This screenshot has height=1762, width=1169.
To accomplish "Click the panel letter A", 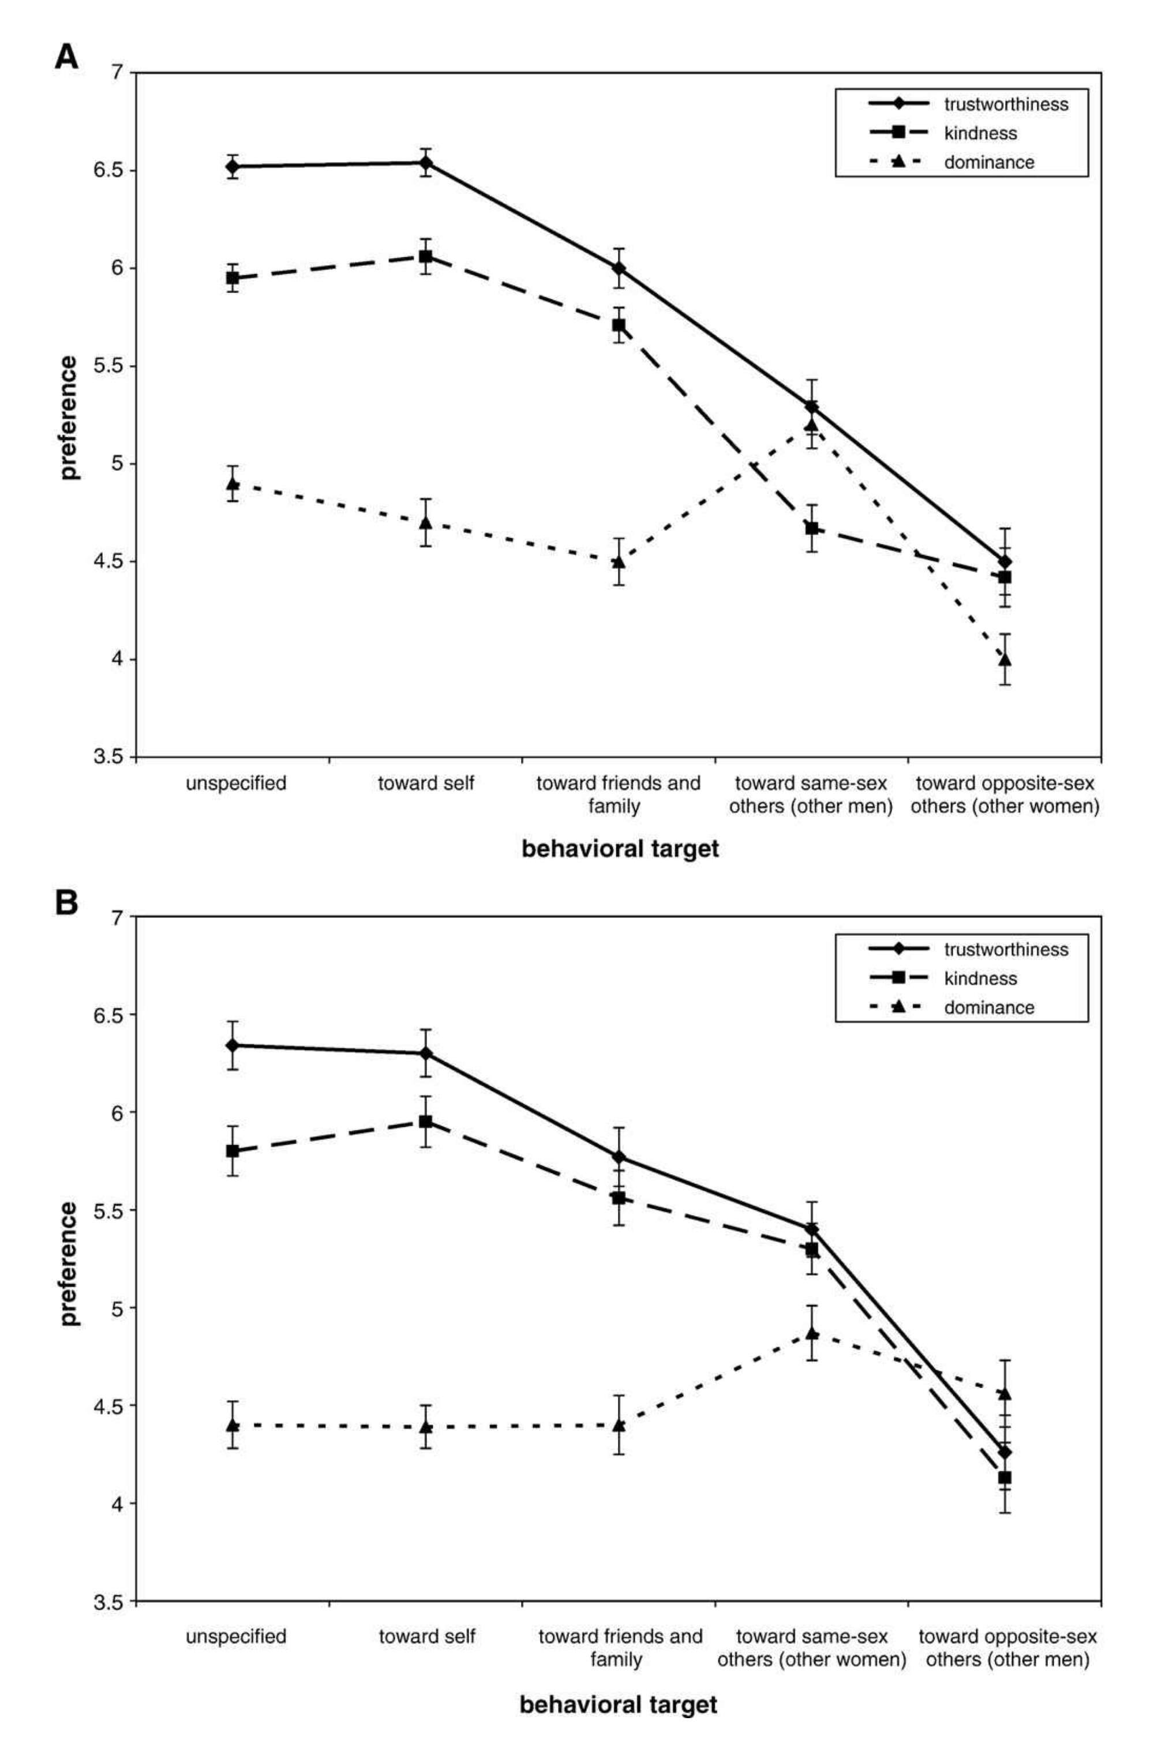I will tap(66, 57).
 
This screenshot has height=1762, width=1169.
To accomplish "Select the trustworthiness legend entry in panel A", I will tap(1005, 104).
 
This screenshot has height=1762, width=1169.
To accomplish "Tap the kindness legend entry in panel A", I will tap(980, 133).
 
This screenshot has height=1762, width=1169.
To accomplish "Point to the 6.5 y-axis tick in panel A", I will tap(109, 171).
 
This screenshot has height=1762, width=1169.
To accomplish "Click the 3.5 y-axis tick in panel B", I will tap(109, 1602).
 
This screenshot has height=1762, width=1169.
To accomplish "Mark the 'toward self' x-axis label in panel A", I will tap(426, 783).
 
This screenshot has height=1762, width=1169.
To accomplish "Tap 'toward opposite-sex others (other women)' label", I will tap(1005, 794).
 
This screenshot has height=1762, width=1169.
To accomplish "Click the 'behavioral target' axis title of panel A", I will tap(620, 849).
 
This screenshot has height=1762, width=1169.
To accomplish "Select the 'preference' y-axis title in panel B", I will tap(69, 1262).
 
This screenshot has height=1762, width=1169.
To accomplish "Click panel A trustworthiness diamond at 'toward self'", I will tap(426, 163).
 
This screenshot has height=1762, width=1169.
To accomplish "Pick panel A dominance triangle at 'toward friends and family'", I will tap(619, 560).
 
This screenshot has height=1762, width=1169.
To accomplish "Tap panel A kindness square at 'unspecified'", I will tap(233, 278).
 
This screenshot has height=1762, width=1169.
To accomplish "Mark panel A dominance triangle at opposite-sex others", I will tap(1005, 659).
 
